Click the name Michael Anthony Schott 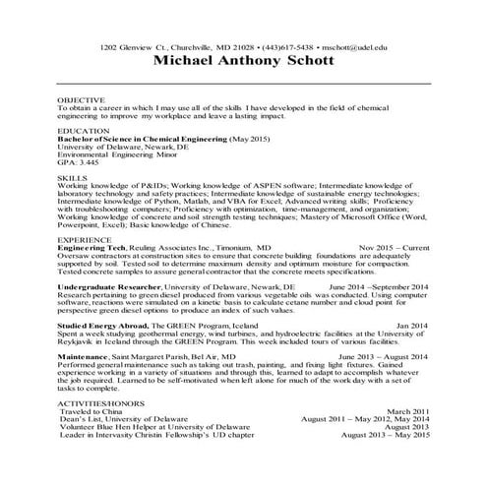point(243,61)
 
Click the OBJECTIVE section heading point(80,100)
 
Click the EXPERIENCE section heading point(84,239)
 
